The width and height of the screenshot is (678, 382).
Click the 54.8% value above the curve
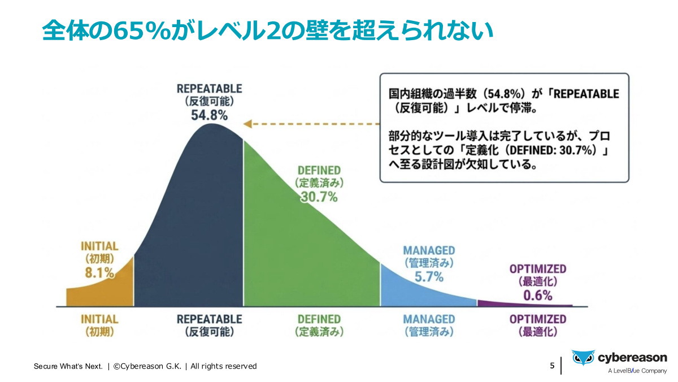[209, 115]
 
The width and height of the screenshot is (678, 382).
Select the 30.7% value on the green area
[319, 197]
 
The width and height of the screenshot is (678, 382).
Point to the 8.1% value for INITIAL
[99, 273]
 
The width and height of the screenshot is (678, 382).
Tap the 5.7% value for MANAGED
[429, 276]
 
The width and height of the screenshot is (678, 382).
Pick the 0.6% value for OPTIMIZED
[537, 295]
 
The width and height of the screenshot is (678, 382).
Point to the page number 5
[552, 366]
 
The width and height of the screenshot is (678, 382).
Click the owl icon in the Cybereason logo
[583, 358]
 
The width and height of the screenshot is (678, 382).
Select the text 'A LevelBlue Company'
[637, 371]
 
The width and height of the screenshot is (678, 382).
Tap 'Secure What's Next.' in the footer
[68, 366]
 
